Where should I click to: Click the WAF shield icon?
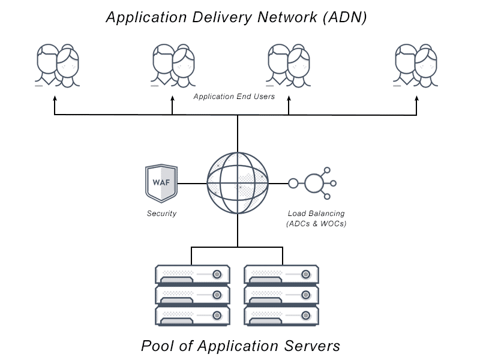coord(161,183)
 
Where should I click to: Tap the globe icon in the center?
coord(238,183)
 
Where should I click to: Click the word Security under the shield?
coord(161,214)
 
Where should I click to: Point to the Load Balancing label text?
coord(316,214)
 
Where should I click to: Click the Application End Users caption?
coord(234,97)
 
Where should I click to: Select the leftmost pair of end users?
coord(57,65)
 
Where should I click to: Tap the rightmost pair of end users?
coord(416,65)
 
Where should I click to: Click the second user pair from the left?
coord(173,65)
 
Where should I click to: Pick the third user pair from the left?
coord(289,65)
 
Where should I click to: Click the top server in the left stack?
coord(192,274)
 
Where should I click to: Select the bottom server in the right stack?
coord(281,315)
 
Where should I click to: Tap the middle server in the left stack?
coord(192,295)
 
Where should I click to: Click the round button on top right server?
coord(306,274)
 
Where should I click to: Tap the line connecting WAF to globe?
coord(192,183)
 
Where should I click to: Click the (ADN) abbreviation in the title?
coord(344,17)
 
